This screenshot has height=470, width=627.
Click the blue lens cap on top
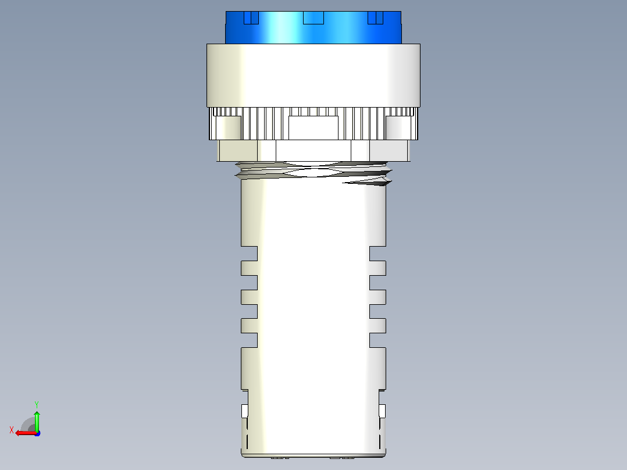[313, 27]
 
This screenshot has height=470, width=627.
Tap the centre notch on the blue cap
[313, 17]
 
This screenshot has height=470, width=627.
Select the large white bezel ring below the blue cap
[313, 76]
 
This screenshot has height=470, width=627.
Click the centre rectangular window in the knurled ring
[313, 127]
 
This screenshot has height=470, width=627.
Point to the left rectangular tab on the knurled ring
[229, 127]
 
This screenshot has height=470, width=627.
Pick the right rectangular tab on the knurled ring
[398, 127]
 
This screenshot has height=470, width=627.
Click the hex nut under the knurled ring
[313, 151]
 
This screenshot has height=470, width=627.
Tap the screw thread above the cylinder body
[313, 173]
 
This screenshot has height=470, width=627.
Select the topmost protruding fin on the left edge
[249, 268]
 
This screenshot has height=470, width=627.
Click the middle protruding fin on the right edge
[377, 297]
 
